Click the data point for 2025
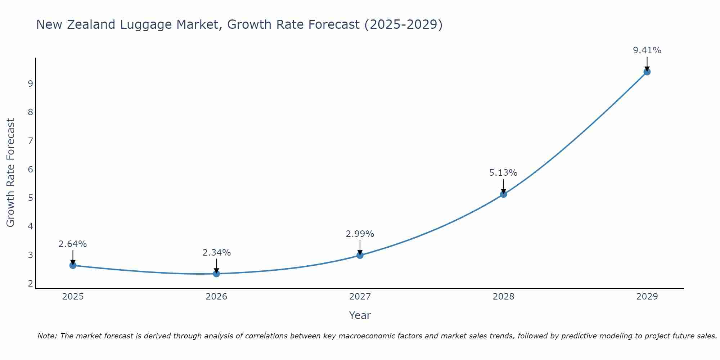click(73, 265)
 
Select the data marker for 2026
click(216, 274)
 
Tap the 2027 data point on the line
click(360, 255)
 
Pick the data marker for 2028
click(503, 194)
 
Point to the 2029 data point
click(647, 72)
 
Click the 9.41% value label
click(647, 50)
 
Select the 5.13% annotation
click(503, 173)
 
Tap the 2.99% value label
click(360, 234)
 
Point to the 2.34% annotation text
click(216, 253)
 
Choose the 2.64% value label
click(73, 244)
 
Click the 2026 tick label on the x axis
click(216, 297)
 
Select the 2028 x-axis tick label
click(503, 297)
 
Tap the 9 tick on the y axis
click(30, 84)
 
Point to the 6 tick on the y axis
click(30, 169)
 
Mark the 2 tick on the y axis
click(30, 284)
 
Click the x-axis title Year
click(360, 315)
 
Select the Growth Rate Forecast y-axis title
click(11, 173)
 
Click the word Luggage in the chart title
click(146, 24)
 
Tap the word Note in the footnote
click(47, 336)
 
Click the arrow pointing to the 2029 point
click(647, 64)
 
